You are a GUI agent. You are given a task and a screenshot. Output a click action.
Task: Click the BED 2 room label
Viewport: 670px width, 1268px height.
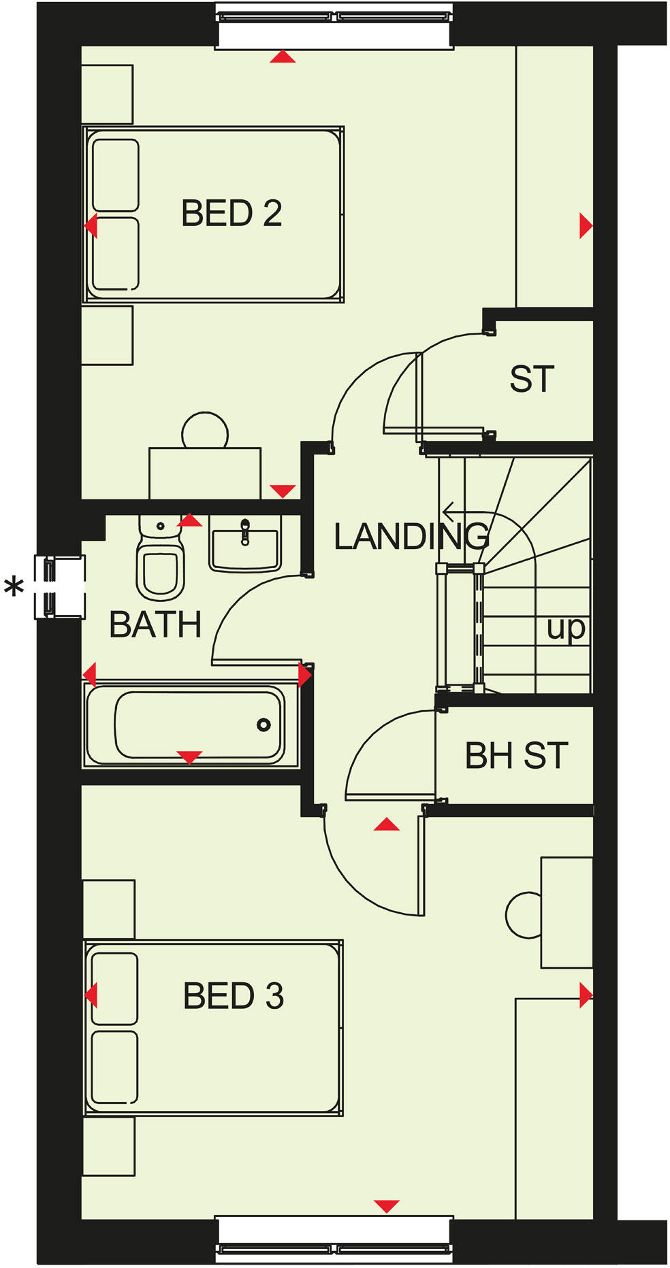(x=232, y=214)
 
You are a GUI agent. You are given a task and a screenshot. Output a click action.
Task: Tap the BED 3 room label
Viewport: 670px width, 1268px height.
(x=233, y=996)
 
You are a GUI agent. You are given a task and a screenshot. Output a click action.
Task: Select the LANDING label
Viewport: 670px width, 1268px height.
(x=411, y=537)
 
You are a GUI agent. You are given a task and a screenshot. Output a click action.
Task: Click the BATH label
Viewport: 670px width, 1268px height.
(x=155, y=624)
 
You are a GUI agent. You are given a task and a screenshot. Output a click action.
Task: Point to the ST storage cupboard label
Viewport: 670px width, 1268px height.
(x=532, y=380)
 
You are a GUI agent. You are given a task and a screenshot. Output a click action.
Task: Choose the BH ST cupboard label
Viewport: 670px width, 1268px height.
(x=516, y=756)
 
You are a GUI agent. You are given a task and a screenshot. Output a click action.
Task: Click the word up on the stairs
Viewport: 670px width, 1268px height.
(x=566, y=629)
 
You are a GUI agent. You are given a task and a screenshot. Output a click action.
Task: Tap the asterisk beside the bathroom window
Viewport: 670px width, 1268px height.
(x=14, y=586)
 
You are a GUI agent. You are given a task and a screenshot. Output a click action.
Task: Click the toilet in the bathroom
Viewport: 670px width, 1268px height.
(x=160, y=565)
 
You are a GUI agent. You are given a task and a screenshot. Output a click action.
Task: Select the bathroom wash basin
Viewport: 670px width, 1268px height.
(x=245, y=544)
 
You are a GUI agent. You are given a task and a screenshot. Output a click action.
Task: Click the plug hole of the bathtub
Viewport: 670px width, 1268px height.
(x=264, y=725)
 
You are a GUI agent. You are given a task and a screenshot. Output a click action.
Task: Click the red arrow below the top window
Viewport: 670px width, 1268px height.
(x=283, y=57)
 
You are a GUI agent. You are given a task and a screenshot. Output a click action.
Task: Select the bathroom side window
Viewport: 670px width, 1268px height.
(x=60, y=586)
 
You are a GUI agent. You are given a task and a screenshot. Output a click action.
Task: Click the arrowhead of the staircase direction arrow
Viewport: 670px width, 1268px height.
(x=446, y=512)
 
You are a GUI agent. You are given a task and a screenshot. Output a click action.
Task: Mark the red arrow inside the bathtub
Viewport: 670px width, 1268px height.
(x=189, y=756)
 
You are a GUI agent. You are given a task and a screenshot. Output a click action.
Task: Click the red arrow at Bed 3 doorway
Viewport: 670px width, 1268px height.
(x=387, y=824)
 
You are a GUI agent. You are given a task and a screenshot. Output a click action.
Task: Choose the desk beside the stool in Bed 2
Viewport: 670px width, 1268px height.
(x=205, y=473)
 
